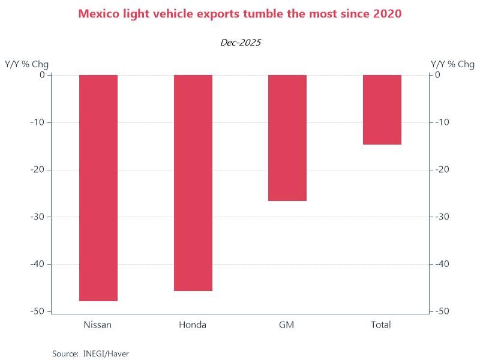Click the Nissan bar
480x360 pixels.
(98, 188)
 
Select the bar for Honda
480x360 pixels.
(193, 183)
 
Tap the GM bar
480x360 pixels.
(287, 138)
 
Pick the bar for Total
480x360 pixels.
(382, 110)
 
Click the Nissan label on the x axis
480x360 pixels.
(98, 325)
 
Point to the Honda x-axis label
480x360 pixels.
(193, 325)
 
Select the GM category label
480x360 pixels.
(287, 325)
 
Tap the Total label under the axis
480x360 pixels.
(381, 325)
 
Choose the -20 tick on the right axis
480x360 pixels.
(442, 170)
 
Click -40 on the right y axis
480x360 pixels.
(442, 264)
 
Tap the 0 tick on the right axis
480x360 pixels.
(438, 75)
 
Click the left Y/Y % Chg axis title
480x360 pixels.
(27, 64)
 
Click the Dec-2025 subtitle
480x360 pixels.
(240, 43)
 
